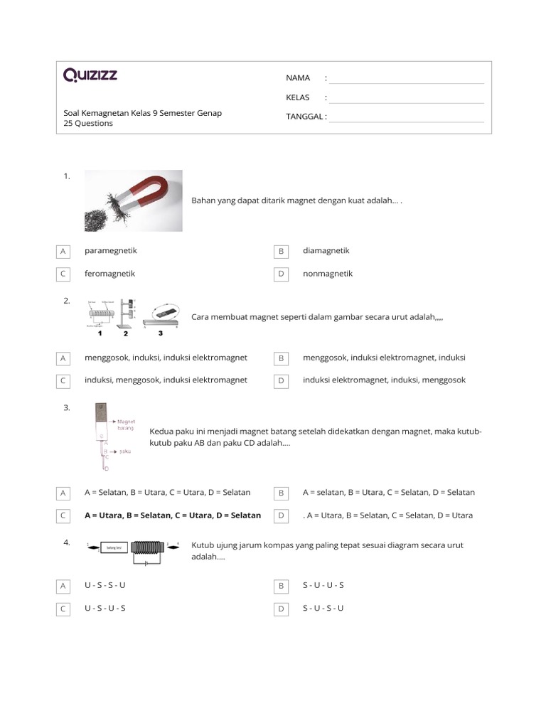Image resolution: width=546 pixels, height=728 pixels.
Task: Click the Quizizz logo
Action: coord(90,75)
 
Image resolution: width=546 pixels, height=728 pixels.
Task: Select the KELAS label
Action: coord(298,97)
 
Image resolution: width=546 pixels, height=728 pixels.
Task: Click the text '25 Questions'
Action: coord(88,123)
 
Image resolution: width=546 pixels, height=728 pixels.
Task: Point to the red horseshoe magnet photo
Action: coord(134,200)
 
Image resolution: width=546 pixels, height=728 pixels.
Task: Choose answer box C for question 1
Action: coord(63,274)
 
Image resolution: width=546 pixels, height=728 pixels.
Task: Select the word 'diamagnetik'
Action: coord(326,250)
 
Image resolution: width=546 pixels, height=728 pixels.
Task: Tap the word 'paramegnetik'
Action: coord(111,250)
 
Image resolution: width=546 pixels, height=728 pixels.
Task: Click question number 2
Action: coord(66,301)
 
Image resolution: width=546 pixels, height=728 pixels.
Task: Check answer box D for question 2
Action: coord(282,380)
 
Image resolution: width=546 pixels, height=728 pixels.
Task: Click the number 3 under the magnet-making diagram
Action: coord(160,333)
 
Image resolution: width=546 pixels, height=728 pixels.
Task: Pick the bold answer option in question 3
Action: coord(173,515)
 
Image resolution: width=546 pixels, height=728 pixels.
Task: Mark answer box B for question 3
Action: coord(282,493)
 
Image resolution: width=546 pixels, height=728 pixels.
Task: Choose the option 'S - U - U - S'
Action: coord(323,585)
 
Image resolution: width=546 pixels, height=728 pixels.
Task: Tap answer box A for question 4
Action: coord(63,586)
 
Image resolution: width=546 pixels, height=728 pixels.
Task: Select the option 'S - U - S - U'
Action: coord(323,609)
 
